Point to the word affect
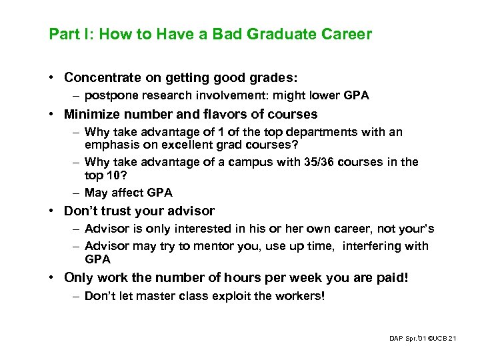131,193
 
